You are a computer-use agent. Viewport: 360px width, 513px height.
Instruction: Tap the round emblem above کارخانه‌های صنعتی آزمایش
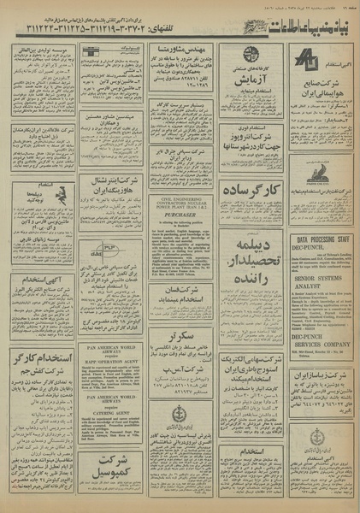[x=250, y=55]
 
